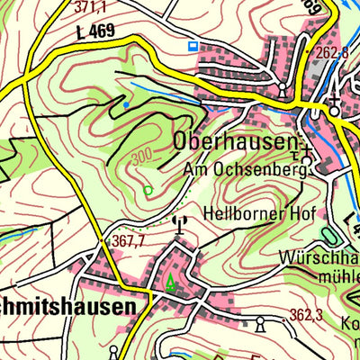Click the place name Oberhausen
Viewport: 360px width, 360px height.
click(235, 141)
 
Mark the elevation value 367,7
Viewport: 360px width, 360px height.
click(130, 242)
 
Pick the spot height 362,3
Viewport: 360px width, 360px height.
click(306, 316)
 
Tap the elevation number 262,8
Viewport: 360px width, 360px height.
click(332, 53)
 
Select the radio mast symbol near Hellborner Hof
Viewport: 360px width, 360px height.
click(178, 221)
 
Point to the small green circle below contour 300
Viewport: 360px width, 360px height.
click(148, 190)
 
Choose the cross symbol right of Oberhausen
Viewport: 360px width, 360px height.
click(307, 148)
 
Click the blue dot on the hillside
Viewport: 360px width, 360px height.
click(125, 105)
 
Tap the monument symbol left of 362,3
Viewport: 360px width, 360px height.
click(261, 322)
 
